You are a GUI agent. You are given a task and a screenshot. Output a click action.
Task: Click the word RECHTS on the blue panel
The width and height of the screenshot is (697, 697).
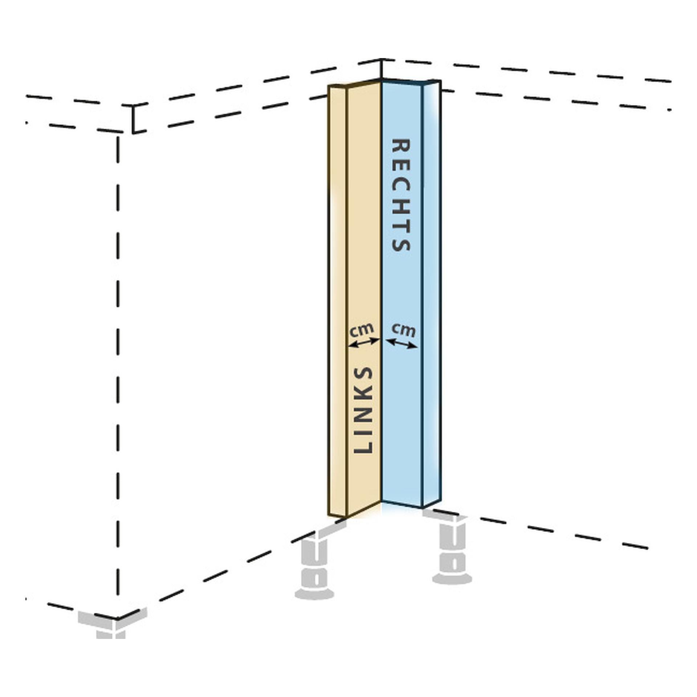tap(401, 195)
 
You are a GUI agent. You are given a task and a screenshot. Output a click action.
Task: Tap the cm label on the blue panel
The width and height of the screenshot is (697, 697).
tap(404, 330)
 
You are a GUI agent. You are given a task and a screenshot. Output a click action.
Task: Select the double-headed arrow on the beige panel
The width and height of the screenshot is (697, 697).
tap(364, 343)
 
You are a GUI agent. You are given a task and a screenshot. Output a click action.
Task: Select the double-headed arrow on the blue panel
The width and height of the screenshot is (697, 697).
tap(402, 343)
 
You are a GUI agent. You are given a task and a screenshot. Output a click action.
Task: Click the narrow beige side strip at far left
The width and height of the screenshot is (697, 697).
tap(337, 301)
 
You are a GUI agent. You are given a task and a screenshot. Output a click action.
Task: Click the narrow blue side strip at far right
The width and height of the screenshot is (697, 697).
tap(432, 293)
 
